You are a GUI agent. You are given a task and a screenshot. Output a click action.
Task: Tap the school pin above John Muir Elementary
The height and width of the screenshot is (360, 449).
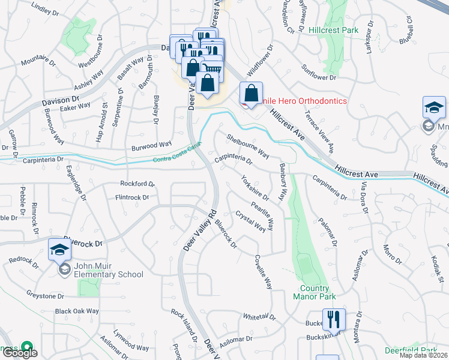coord(59,250)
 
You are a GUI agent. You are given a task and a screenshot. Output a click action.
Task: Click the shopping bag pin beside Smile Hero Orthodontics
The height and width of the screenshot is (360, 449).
coord(251,94)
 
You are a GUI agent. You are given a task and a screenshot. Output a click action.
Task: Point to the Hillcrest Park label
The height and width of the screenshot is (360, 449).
coord(333,30)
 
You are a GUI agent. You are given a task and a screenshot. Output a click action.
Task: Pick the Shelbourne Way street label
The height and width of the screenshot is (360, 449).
coord(247,146)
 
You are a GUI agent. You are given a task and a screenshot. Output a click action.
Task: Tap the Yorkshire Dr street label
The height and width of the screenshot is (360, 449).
coord(254,187)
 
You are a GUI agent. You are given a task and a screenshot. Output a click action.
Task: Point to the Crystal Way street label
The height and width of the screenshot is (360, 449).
coord(250,221)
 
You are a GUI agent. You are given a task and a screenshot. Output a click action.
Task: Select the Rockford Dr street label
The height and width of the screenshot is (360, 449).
coord(137,184)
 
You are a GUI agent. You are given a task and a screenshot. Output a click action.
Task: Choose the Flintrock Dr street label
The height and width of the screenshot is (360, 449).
coord(131,197)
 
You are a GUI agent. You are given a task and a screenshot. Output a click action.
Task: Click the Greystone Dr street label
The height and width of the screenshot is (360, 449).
coord(44,295)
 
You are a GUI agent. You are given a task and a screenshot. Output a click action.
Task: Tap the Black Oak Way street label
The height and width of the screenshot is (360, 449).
coord(76,311)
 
